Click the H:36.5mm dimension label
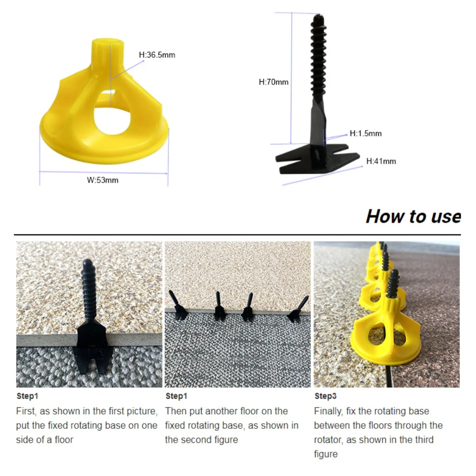[157, 55]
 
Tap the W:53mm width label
[103, 180]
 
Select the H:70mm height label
[273, 82]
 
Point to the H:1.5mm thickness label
[365, 134]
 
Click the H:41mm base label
[381, 161]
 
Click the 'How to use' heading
[413, 217]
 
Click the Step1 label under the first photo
[27, 396]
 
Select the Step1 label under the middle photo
[176, 396]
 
